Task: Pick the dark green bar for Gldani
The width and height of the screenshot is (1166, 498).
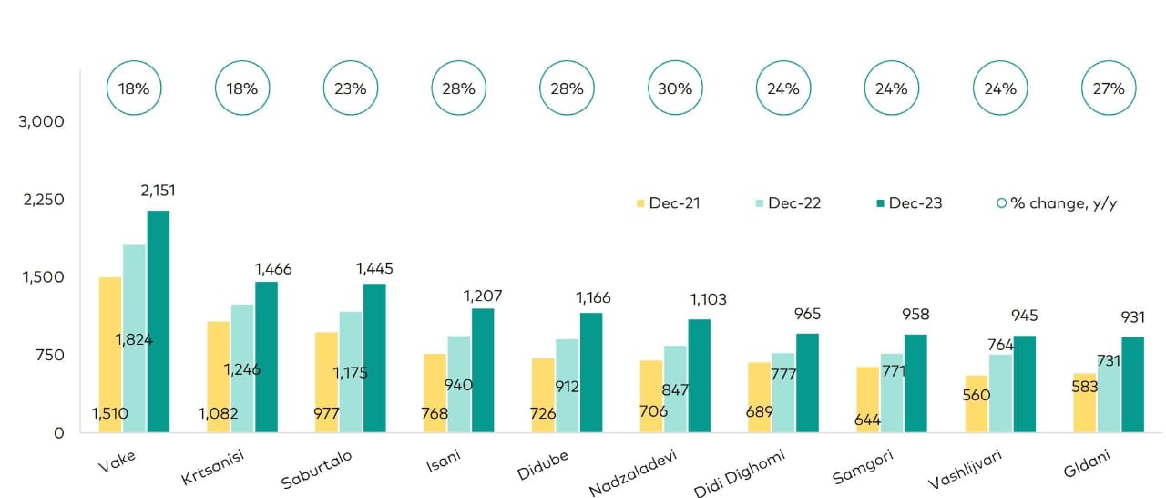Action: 1132,384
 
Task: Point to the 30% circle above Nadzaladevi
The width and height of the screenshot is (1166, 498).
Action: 675,88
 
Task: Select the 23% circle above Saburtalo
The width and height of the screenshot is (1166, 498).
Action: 351,88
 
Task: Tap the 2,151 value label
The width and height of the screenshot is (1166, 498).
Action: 158,191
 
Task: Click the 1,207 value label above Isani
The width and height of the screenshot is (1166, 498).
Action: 483,296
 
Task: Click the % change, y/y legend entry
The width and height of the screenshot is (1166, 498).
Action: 1056,202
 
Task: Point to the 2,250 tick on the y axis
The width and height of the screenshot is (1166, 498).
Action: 43,200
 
